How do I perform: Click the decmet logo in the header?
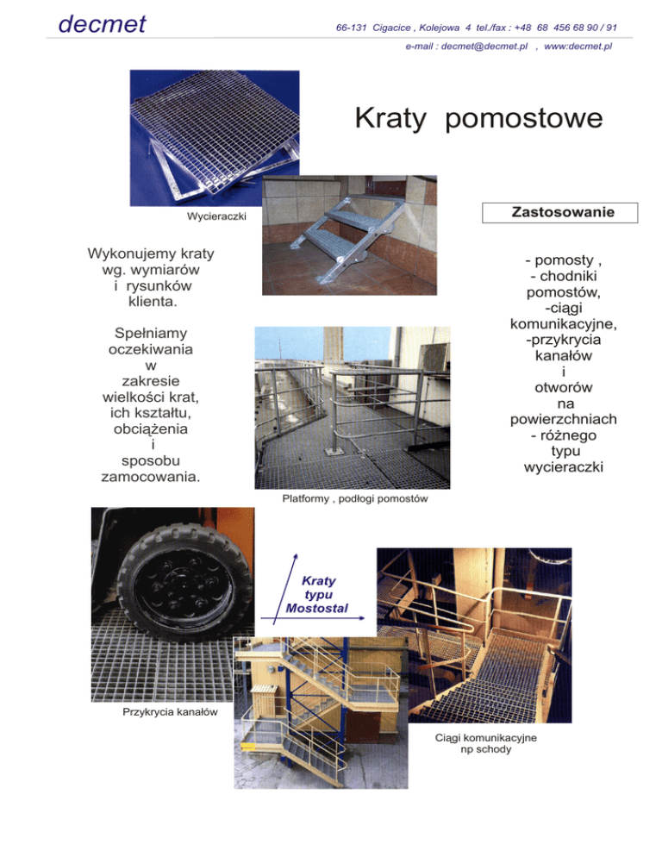coord(102,23)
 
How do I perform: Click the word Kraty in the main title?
coord(390,119)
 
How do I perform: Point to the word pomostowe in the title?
coord(524,120)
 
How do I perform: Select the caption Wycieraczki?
coord(216,216)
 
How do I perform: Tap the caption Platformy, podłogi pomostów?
coord(355,499)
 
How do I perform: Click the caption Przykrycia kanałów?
coord(157,711)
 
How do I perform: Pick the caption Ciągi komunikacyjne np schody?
coord(487,744)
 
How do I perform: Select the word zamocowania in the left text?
coord(151,476)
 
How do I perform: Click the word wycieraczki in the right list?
coord(563,467)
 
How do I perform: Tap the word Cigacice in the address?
coord(396,28)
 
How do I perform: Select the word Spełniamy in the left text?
coord(151,333)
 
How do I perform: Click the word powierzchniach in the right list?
coord(563,419)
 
